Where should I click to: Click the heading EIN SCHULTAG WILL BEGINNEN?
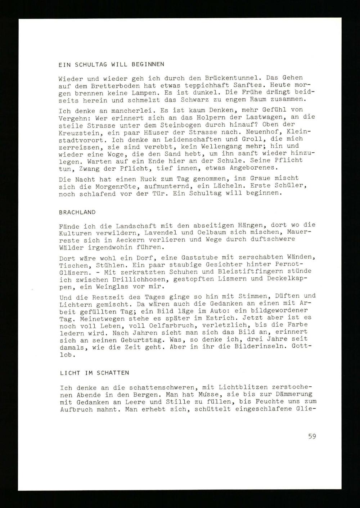pyautogui.click(x=111, y=65)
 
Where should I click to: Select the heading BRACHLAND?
pyautogui.click(x=77, y=212)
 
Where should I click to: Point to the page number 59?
pyautogui.click(x=312, y=436)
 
